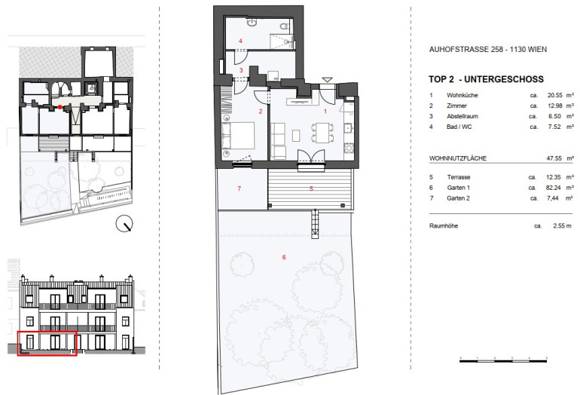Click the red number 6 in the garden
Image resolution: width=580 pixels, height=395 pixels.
[284, 257]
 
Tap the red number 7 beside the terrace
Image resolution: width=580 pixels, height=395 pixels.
[240, 188]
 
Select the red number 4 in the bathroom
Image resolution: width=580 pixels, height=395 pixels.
[240, 41]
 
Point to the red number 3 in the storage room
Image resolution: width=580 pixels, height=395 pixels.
[241, 70]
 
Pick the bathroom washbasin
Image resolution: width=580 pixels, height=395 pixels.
[252, 23]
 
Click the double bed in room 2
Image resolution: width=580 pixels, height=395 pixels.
[238, 136]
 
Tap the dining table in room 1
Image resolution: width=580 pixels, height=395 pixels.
[322, 133]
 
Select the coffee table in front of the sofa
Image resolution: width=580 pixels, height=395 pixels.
[296, 136]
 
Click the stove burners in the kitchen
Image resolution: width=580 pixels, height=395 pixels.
[349, 148]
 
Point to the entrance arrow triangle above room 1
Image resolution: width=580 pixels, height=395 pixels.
[327, 80]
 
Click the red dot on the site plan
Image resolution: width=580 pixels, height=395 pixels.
[60, 107]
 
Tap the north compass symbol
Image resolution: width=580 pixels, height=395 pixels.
[124, 224]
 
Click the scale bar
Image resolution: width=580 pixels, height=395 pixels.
[503, 360]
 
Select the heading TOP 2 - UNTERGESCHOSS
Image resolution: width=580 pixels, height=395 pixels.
[486, 79]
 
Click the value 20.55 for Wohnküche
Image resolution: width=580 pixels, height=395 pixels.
[554, 95]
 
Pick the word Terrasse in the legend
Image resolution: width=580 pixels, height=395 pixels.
[458, 177]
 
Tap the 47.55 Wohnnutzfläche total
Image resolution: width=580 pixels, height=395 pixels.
[554, 158]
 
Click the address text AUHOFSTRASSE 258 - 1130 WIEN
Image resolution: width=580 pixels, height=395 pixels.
[487, 49]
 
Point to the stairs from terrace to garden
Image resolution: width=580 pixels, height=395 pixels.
[314, 224]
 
